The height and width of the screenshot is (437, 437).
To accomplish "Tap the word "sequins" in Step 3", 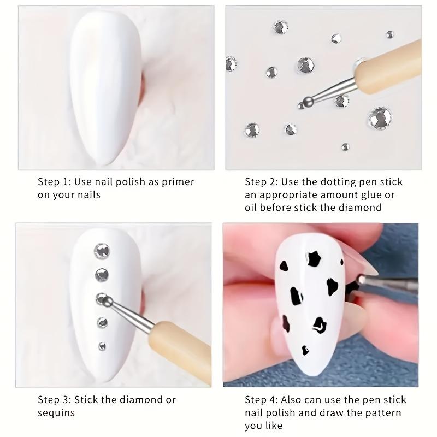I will coord(56,413).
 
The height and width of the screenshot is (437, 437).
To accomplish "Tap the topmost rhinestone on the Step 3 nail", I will coord(102,251).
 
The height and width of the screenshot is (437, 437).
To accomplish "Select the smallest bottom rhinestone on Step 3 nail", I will coord(102,346).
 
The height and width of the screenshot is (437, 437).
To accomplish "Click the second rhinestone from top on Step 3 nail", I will coord(102,274).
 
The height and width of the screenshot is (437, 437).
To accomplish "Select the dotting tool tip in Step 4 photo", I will coord(361,279).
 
